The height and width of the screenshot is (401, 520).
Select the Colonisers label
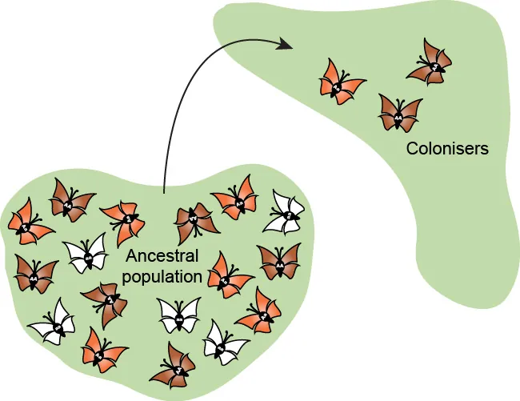pos(447,148)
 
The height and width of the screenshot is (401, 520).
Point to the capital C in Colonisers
pos(412,148)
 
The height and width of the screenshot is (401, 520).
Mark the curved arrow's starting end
pos(162,192)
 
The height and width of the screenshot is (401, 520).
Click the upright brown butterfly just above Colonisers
pos(399,112)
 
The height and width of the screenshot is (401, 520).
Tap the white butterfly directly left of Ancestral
pos(86,254)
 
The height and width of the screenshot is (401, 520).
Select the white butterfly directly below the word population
pos(179,315)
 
